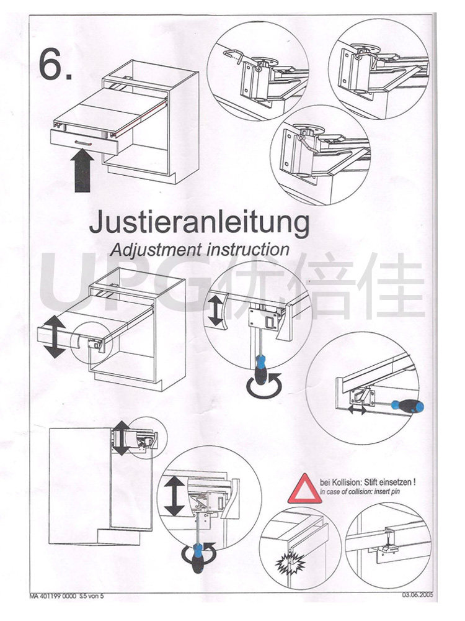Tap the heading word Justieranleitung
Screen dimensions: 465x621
point(199,222)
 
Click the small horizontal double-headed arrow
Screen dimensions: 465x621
point(356,410)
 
